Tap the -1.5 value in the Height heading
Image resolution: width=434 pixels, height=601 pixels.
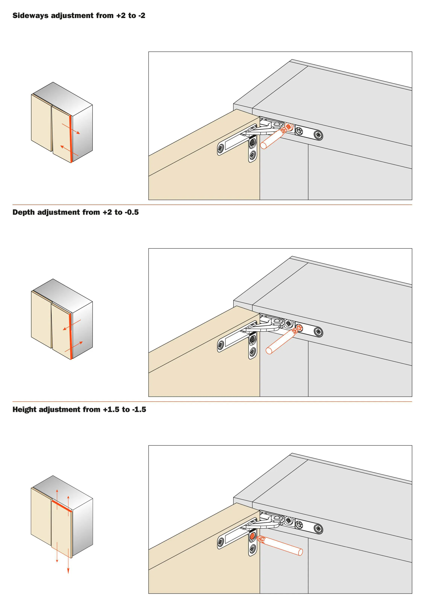tap(139, 410)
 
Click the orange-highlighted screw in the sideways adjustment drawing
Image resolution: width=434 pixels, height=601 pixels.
tap(289, 127)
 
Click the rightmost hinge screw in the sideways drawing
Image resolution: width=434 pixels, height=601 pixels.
tap(318, 136)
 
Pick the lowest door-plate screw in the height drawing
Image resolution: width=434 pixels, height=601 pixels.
tap(252, 549)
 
